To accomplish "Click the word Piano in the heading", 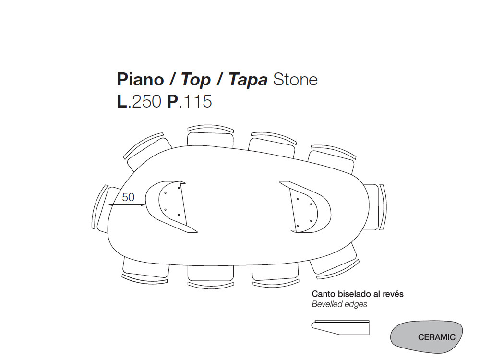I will click(x=139, y=80).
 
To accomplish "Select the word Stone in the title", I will click(x=295, y=80).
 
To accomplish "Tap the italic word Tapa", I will click(x=248, y=80).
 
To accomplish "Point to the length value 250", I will click(x=146, y=102).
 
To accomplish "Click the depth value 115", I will click(x=195, y=102).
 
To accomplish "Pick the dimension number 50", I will click(x=128, y=197).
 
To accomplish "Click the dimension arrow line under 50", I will click(x=127, y=205).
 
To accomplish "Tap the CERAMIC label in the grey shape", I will click(x=436, y=337).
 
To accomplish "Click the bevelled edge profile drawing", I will click(x=341, y=327).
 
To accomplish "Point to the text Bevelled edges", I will click(x=339, y=304).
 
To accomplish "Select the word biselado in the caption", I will click(x=351, y=294).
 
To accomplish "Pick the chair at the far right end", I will click(x=377, y=207).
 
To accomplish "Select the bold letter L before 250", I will click(x=122, y=102).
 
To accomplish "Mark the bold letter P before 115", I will click(x=172, y=102).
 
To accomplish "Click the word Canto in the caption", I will click(x=322, y=294).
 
